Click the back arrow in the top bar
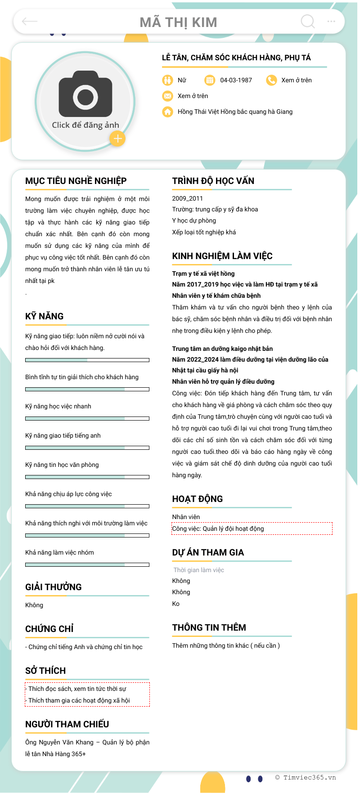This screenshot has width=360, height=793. (30, 21)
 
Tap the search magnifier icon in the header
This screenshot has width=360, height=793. (308, 21)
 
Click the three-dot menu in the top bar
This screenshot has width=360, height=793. (331, 21)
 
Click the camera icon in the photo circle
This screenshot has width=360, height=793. (85, 94)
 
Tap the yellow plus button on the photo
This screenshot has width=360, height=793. (117, 139)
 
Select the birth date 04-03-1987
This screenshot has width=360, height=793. (236, 80)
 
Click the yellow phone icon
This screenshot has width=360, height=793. (271, 80)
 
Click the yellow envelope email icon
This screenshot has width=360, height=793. (167, 96)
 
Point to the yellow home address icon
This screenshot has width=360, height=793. (167, 112)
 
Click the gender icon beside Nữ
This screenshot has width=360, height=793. (167, 80)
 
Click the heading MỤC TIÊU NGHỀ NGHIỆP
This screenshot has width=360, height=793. (76, 181)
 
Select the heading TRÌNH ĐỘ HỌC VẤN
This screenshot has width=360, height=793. (213, 181)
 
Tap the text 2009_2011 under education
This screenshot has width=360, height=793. (188, 198)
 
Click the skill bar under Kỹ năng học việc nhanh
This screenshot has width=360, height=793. (87, 418)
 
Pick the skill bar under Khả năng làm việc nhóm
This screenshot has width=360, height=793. (87, 565)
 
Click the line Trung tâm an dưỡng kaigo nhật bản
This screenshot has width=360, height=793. (222, 349)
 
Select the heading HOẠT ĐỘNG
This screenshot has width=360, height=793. (198, 499)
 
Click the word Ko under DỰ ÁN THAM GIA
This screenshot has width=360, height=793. (176, 604)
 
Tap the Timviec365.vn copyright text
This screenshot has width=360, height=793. (306, 777)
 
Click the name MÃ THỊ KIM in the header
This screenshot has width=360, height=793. (179, 22)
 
